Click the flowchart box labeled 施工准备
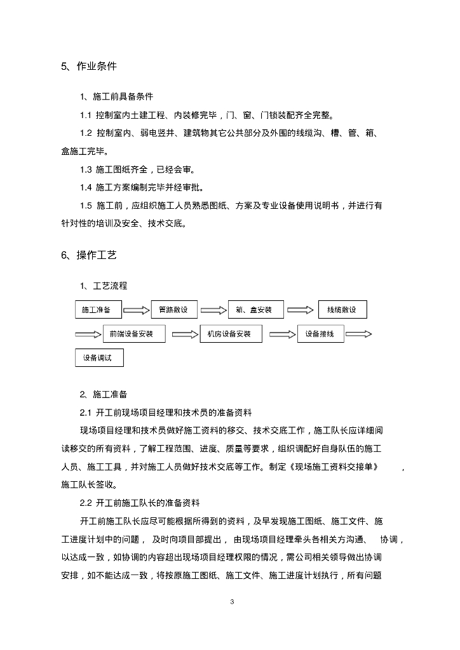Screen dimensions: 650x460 [98, 310]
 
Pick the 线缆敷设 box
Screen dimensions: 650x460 [342, 310]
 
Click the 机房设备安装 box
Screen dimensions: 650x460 [231, 334]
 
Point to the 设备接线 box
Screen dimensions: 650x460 [321, 334]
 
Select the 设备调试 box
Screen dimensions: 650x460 [99, 358]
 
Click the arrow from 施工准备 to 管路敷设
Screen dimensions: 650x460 [137, 310]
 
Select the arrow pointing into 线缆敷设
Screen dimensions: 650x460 [301, 310]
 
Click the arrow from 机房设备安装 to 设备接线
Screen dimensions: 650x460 [280, 334]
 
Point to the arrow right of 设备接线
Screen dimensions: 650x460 [358, 334]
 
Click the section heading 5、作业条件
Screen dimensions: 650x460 [88, 66]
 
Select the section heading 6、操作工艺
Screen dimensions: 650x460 [88, 255]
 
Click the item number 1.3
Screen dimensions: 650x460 [86, 169]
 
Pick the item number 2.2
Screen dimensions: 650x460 [86, 503]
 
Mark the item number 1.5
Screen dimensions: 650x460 [86, 206]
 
